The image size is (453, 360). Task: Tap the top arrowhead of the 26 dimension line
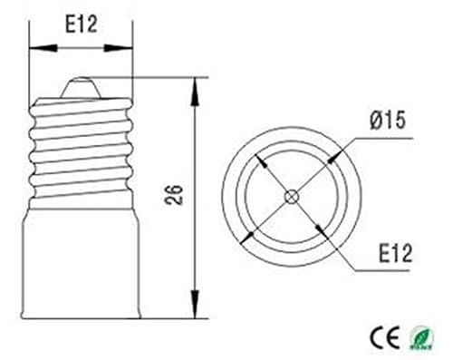197,84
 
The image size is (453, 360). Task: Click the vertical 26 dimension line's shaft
197,145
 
